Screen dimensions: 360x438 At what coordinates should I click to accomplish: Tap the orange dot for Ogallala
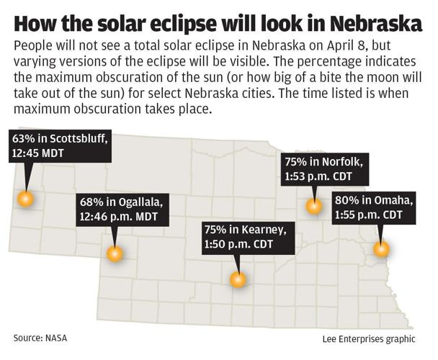click(x=115, y=253)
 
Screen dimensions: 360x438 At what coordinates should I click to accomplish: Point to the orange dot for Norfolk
click(x=314, y=206)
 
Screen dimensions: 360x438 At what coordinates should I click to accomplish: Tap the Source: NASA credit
click(x=44, y=337)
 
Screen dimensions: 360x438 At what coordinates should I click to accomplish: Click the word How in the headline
click(x=34, y=23)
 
